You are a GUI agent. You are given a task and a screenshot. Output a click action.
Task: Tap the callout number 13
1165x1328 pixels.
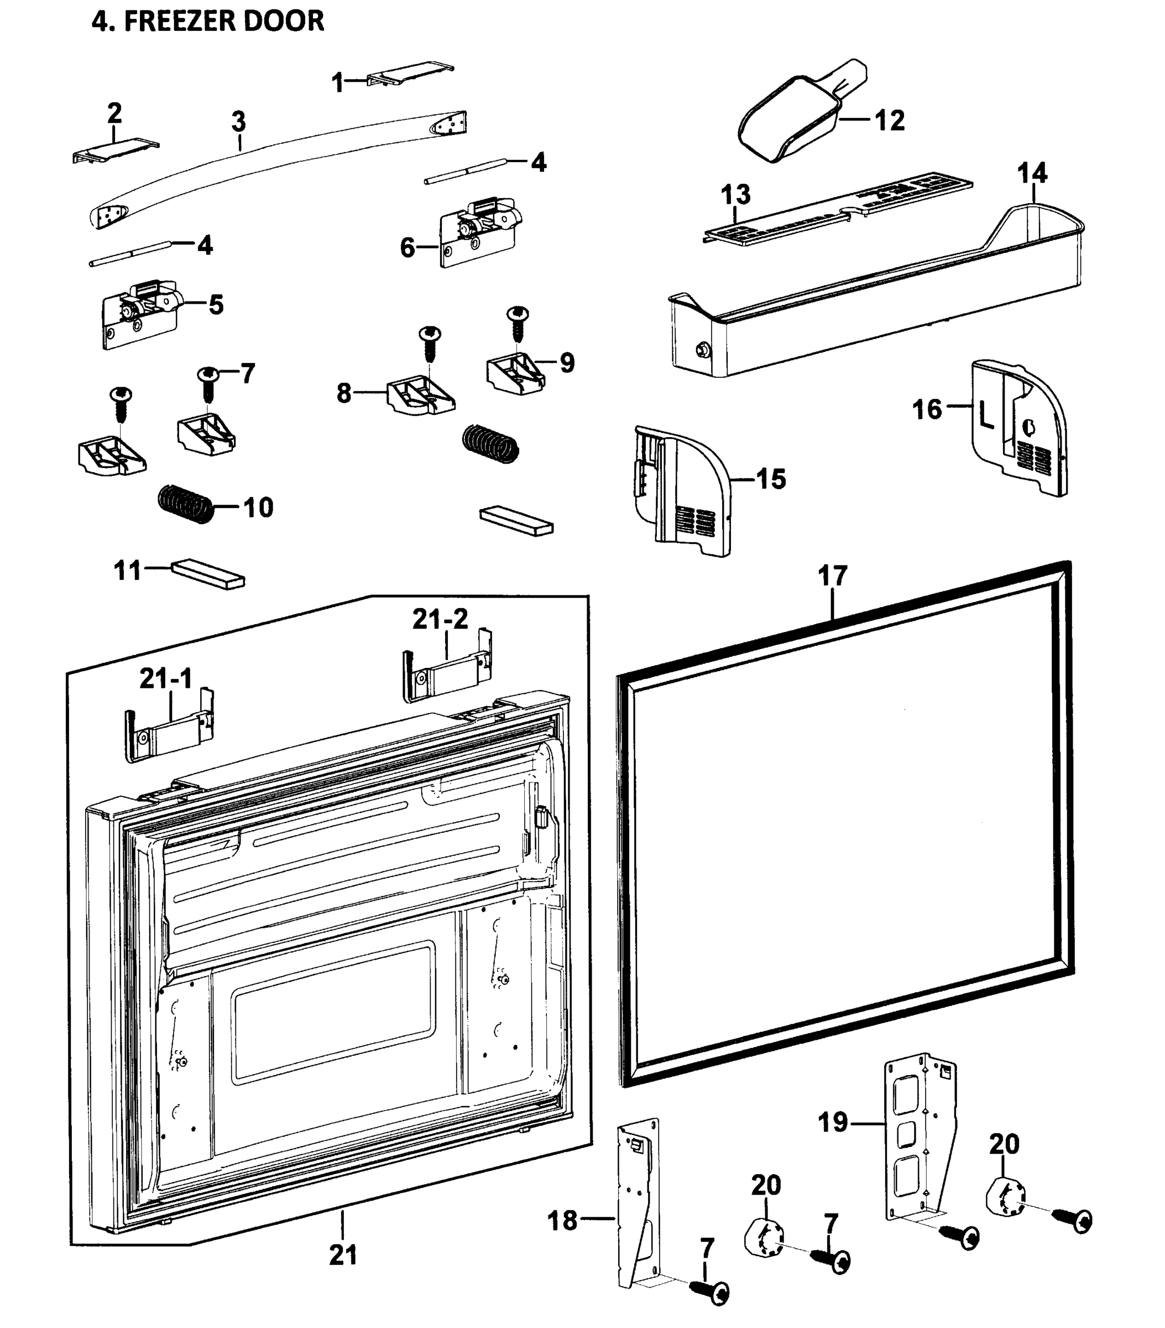(x=735, y=194)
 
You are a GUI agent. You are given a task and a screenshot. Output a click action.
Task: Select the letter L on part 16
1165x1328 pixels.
(x=986, y=416)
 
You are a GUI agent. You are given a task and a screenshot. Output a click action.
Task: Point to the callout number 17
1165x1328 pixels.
(x=833, y=575)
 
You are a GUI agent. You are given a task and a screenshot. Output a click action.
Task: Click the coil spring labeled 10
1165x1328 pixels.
(x=186, y=505)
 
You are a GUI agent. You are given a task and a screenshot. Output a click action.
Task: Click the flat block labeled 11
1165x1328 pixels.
(x=208, y=574)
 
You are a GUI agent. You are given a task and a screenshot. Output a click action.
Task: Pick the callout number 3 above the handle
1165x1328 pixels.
(x=238, y=122)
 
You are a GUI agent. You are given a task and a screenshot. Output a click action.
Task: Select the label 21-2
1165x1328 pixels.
(x=440, y=619)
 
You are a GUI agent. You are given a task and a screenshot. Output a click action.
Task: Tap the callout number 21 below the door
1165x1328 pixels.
(x=343, y=1254)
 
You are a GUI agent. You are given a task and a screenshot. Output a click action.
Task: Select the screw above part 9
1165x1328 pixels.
(x=518, y=323)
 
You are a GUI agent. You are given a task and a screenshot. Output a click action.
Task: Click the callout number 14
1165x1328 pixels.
(x=1031, y=174)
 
